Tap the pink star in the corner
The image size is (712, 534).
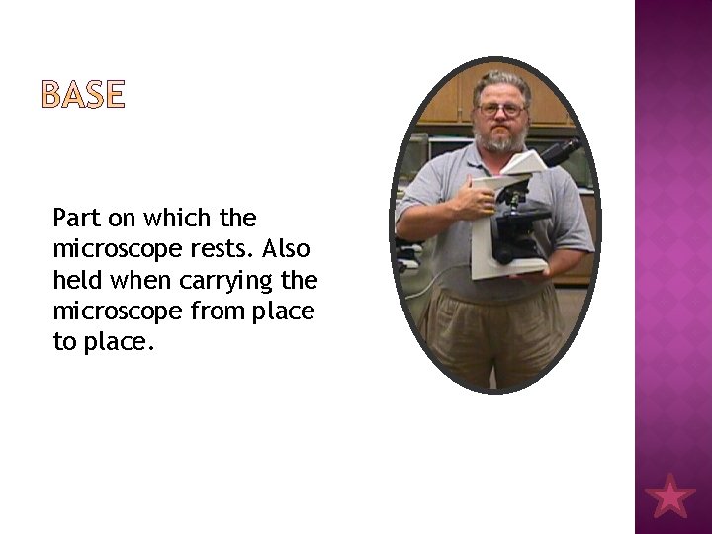[x=669, y=494]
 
